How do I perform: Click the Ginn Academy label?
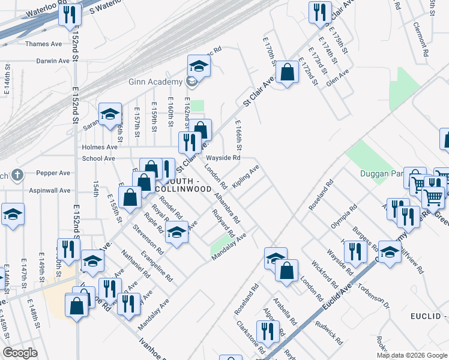pyautogui.click(x=155, y=82)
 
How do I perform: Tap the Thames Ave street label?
pyautogui.click(x=44, y=44)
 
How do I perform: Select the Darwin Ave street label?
pyautogui.click(x=53, y=61)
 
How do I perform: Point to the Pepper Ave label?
pyautogui.click(x=53, y=173)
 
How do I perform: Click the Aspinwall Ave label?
pyautogui.click(x=46, y=190)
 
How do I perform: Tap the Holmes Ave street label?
pyautogui.click(x=100, y=147)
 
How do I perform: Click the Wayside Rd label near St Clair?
pyautogui.click(x=223, y=158)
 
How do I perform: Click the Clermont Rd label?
pyautogui.click(x=421, y=40)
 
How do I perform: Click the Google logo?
pyautogui.click(x=20, y=353)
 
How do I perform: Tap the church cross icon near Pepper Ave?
pyautogui.click(x=17, y=175)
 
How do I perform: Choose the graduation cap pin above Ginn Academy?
pyautogui.click(x=199, y=65)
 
